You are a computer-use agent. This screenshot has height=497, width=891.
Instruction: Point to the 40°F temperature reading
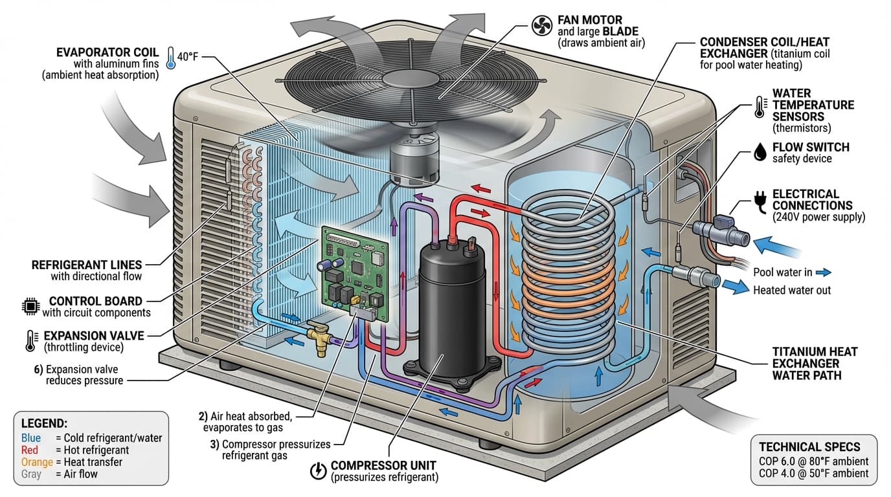point(187,56)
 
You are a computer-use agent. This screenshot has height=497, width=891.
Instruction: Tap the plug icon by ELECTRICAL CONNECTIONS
point(760,200)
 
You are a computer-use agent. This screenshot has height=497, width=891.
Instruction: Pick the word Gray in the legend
point(31,474)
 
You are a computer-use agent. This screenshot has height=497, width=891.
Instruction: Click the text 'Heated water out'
point(791,290)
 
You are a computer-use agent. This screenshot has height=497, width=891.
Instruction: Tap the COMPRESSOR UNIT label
point(383,465)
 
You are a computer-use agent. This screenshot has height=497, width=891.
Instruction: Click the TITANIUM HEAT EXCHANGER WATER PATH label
point(815,362)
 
